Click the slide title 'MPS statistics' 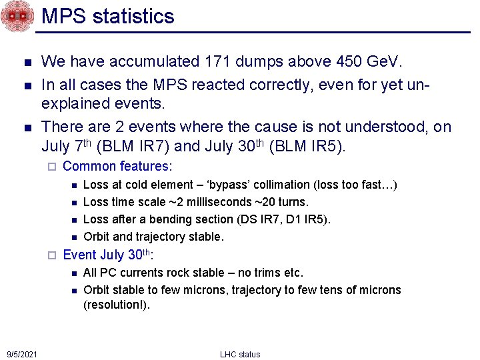pyautogui.click(x=108, y=16)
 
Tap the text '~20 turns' pyautogui.click(x=287, y=202)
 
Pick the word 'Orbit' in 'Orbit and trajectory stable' pyautogui.click(x=97, y=237)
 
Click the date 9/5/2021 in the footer pyautogui.click(x=22, y=354)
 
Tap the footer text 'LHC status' pyautogui.click(x=240, y=354)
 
